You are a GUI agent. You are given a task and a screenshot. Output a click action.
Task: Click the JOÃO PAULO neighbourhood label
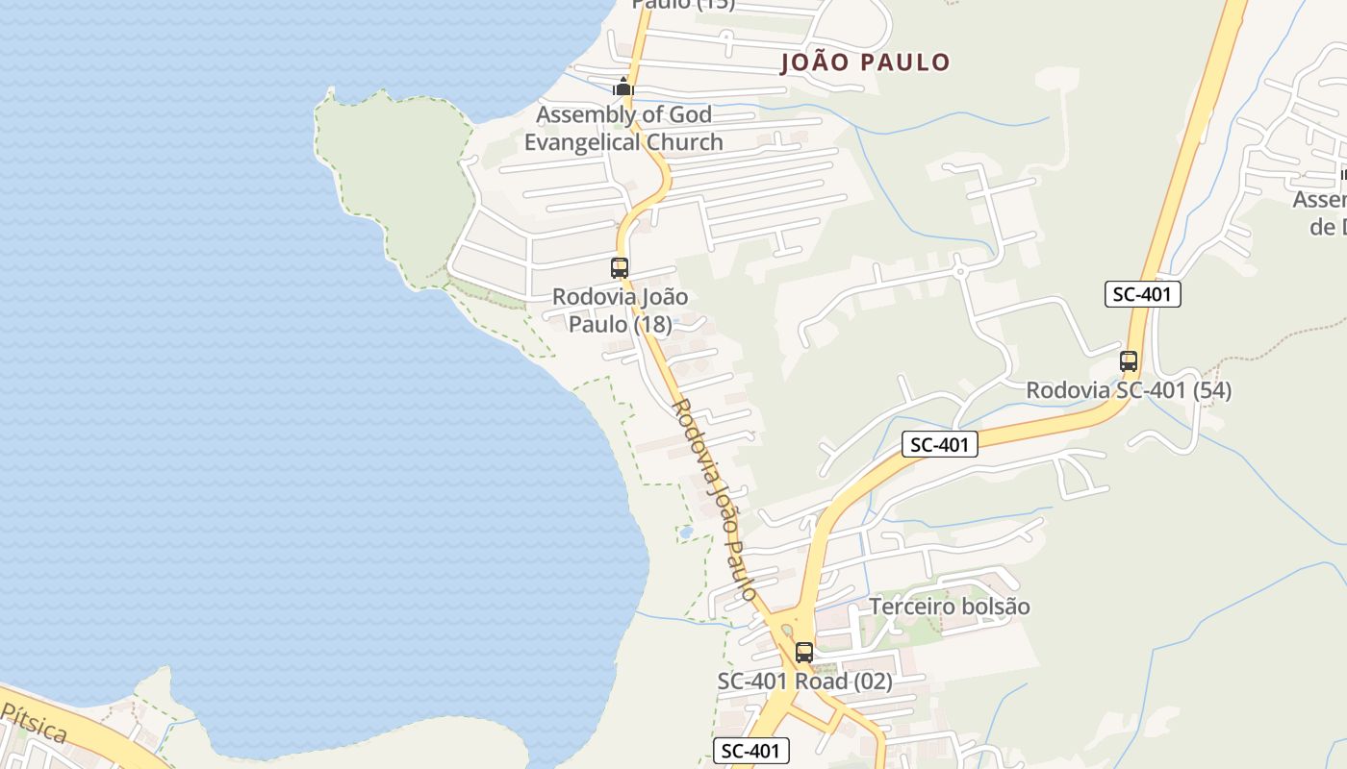coord(865,63)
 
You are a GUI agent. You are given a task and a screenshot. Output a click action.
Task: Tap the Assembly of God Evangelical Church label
coord(623,129)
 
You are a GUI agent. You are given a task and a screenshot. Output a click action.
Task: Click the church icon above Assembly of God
coord(623,87)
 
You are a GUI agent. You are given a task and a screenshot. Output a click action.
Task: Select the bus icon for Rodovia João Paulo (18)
coord(620,268)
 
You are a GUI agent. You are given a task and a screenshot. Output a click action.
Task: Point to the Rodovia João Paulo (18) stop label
coord(620,310)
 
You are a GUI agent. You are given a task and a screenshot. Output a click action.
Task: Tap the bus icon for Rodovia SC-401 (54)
coord(1129,362)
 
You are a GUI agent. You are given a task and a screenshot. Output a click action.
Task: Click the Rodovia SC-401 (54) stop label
coord(1128,391)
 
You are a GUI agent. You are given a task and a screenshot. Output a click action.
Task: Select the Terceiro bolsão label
coord(950,607)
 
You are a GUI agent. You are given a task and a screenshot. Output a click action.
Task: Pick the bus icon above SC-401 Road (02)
coord(804,653)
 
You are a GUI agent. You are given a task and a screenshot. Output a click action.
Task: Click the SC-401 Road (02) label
coord(804,682)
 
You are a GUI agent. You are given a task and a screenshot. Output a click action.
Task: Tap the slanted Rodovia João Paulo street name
coord(714,500)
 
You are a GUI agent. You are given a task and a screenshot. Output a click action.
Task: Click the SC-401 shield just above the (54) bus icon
coord(1142,295)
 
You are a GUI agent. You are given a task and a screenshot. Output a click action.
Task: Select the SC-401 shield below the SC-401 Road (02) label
coord(751,751)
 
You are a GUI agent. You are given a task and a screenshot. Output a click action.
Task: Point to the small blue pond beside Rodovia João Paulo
coord(686,531)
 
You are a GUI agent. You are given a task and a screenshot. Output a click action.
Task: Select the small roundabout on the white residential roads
coord(959,271)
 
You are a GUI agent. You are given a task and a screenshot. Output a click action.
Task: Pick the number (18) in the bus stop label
coord(650,325)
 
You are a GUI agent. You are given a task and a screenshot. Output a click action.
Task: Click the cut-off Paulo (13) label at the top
coord(683,5)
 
